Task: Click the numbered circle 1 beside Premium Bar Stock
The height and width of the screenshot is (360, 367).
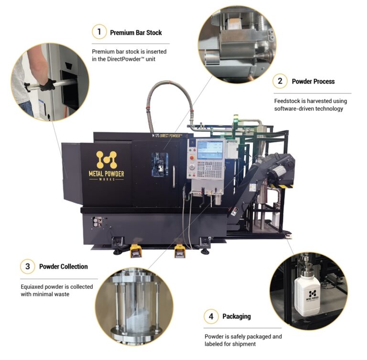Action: [99, 32]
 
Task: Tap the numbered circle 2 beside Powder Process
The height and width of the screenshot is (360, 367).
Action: [280, 81]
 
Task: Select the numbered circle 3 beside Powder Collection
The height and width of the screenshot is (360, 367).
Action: [27, 266]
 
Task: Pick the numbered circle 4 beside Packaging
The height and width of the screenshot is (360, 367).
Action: [211, 316]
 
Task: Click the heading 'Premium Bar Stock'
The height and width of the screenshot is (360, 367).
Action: [136, 32]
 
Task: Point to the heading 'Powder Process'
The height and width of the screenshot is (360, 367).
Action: [313, 81]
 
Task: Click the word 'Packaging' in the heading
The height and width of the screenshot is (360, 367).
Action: [236, 316]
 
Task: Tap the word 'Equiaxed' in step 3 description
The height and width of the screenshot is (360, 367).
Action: [34, 286]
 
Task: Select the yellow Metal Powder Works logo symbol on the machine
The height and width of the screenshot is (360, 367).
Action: [106, 159]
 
